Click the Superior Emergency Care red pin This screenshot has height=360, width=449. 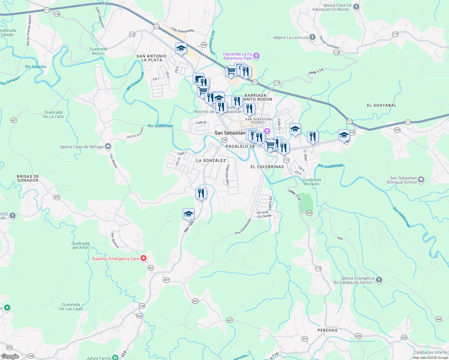coord(143,258)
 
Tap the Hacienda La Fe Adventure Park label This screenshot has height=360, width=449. coord(237,56)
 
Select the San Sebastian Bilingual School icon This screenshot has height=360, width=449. coord(421,180)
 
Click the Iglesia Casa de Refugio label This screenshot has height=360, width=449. coord(82,147)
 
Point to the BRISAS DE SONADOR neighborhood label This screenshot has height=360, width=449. coord(28,178)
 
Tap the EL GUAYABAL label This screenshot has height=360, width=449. coord(381,105)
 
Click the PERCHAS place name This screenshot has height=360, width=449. coord(327,330)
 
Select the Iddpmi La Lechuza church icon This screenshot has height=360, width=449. coord(312,37)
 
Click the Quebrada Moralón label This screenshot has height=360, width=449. coord(312,182)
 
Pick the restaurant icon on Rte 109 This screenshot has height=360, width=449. coord(201,193)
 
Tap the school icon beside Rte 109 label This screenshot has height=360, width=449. coord(188,214)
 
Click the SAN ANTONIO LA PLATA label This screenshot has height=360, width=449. coord(152,58)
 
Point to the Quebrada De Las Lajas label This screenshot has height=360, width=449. coord(71,307)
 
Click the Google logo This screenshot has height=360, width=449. coord(10,356)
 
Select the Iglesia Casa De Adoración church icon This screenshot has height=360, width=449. coord(356,7)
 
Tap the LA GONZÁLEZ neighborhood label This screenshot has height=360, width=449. coord(211,160)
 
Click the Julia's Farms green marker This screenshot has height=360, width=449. coord(115,357)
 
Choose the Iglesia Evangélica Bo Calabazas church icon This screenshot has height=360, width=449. coord(379,280)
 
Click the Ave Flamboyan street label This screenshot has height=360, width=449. coord(243,226)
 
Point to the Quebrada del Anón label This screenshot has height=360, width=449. coord(80,245)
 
